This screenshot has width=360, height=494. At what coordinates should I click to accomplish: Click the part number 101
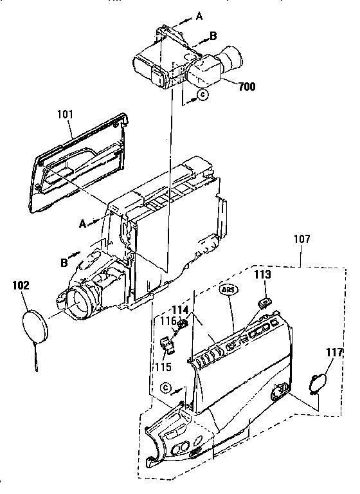click(65, 114)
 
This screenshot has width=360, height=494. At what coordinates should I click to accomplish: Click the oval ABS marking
click(228, 289)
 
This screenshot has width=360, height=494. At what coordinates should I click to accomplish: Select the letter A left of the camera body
click(82, 223)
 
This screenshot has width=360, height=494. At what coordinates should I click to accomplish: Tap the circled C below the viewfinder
click(203, 95)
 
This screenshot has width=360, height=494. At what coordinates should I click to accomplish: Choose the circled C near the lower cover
click(166, 387)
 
